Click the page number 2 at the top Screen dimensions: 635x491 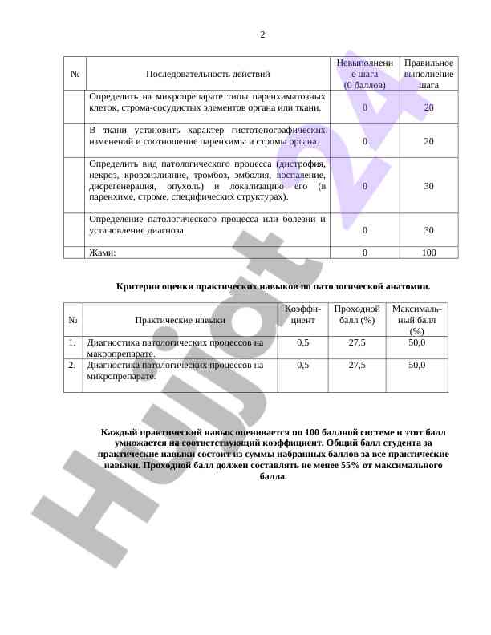[262, 34]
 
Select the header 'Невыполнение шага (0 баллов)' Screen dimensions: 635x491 [365, 73]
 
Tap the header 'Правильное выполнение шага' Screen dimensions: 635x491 [428, 73]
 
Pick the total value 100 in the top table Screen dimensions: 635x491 [428, 253]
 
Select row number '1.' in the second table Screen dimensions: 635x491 [72, 342]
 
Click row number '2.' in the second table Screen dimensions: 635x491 [72, 365]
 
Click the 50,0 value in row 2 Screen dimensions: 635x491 [416, 365]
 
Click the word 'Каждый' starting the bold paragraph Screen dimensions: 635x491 [118, 431]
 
